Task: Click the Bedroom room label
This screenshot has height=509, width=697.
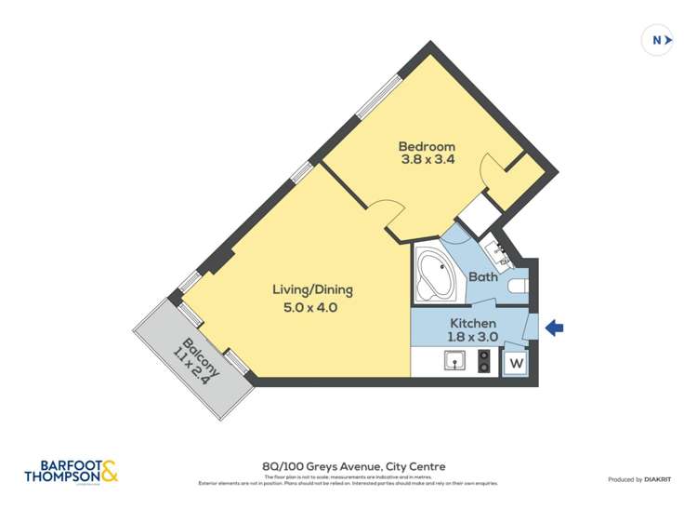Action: click(x=427, y=146)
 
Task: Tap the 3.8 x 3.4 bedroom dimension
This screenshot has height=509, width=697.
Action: click(x=427, y=160)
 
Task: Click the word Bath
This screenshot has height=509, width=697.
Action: click(x=482, y=276)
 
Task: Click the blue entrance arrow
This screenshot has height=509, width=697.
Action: click(x=554, y=327)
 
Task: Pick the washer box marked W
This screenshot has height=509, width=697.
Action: click(x=516, y=363)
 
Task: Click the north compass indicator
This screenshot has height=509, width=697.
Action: click(x=658, y=40)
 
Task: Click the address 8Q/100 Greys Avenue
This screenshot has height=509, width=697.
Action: click(x=352, y=466)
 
